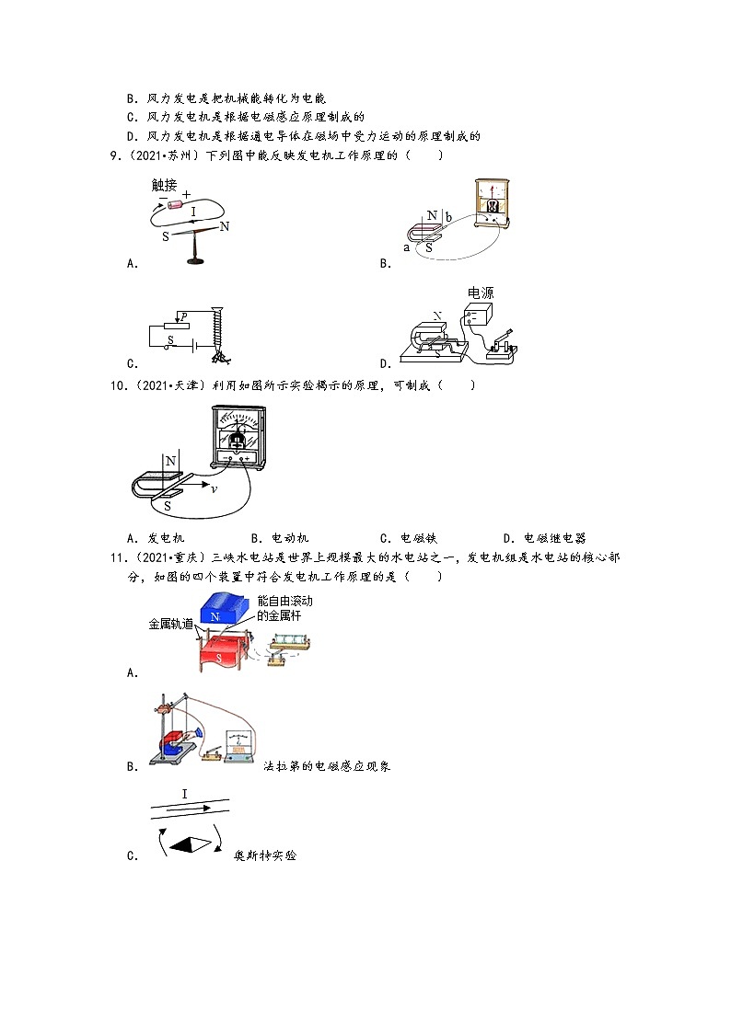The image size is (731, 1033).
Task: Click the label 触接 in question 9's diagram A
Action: pos(170,186)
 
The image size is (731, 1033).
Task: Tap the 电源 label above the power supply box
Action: pos(480,293)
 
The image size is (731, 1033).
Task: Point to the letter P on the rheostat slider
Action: pos(184,316)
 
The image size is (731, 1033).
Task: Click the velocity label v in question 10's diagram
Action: pos(214,488)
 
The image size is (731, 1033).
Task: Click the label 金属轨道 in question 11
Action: pos(171,624)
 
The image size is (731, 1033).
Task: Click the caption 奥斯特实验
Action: pos(266,855)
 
